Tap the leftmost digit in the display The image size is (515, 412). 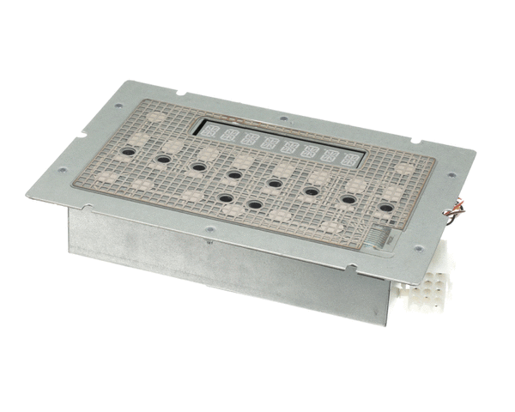tap(207, 131)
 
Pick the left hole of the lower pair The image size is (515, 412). tap(225, 197)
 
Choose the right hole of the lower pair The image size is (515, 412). tap(254, 204)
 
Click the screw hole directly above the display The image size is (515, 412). tap(283, 118)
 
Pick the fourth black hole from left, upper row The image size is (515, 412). tap(233, 174)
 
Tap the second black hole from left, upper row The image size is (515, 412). tap(161, 160)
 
